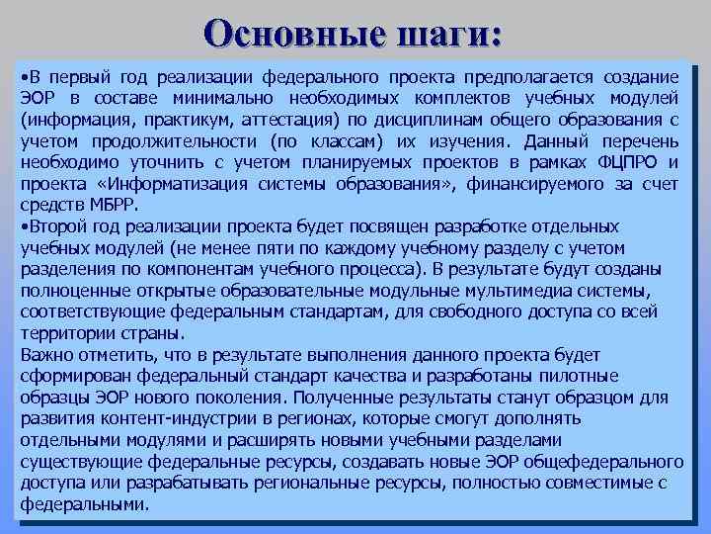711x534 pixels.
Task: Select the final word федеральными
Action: (84, 503)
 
